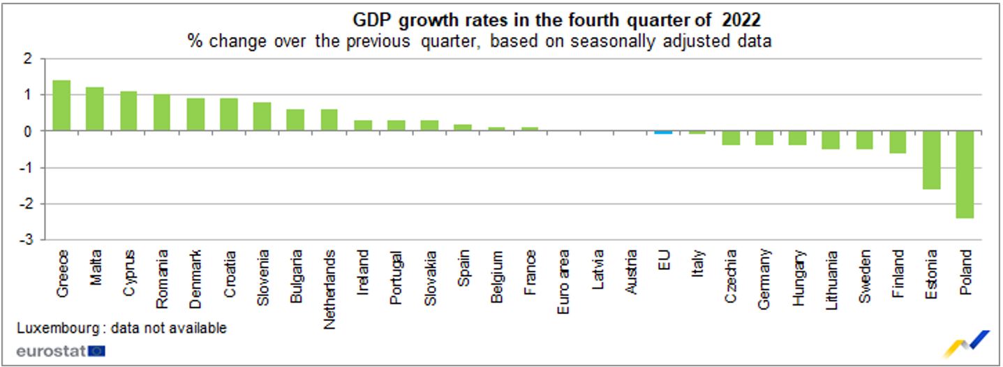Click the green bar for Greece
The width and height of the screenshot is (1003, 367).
(61, 105)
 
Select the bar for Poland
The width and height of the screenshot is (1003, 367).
(965, 174)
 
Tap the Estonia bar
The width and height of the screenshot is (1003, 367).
(931, 160)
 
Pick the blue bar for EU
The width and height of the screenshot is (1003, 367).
(663, 132)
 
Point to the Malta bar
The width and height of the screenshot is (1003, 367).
(95, 109)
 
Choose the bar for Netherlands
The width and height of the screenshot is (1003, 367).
(329, 120)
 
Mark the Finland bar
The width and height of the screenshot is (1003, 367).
(898, 142)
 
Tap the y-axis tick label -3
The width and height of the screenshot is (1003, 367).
(27, 240)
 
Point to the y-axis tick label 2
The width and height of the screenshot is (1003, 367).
(29, 59)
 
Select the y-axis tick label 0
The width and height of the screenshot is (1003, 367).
(29, 131)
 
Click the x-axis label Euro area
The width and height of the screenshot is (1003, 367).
(563, 281)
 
